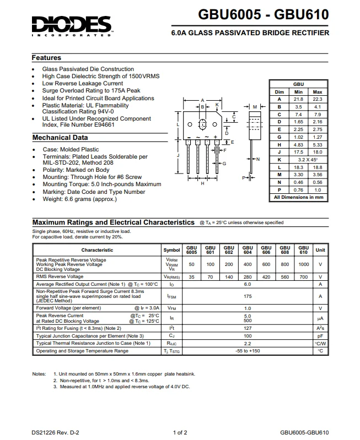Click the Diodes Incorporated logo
[72, 25]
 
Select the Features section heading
[46, 58]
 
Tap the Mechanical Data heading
[60, 138]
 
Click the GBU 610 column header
[303, 249]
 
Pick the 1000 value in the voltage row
[303, 264]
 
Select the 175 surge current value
[248, 296]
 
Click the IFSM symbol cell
[171, 296]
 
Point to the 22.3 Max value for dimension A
[317, 99]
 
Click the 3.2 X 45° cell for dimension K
[308, 159]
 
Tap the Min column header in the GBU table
[298, 91]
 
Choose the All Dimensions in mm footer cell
[298, 197]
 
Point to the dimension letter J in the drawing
[178, 156]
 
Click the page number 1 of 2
[180, 432]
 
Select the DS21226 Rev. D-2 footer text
[55, 432]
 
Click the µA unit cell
[320, 318]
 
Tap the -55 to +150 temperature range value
[248, 351]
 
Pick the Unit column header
[320, 249]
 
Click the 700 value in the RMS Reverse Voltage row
[303, 276]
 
